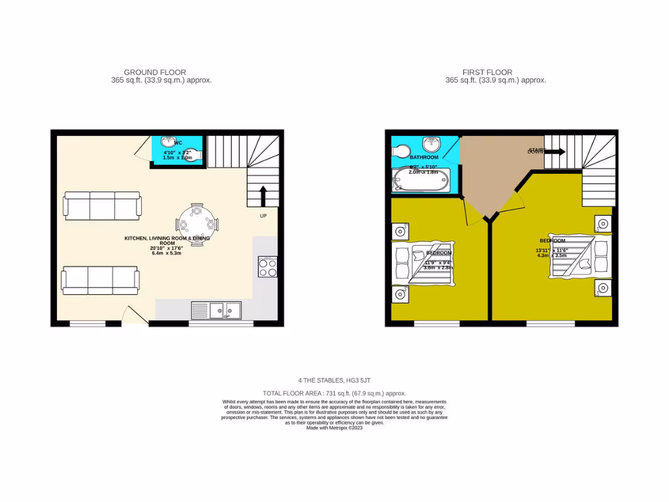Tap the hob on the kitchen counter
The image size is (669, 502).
click(x=268, y=267)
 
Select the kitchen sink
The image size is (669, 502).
click(x=216, y=309)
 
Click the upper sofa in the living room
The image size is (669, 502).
click(x=102, y=205)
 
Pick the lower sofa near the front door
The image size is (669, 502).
click(x=100, y=280)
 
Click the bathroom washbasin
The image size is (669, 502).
click(x=431, y=144)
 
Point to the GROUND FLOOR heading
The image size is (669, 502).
click(x=155, y=73)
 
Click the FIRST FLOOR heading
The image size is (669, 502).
click(x=487, y=73)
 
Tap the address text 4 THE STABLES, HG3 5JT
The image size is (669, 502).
click(x=334, y=380)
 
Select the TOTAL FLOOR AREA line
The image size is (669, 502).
click(x=334, y=393)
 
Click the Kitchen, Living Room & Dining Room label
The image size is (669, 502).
click(x=167, y=241)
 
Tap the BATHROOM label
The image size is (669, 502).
click(x=424, y=158)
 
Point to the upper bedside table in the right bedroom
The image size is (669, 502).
click(x=603, y=224)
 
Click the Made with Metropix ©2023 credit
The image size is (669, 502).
click(x=334, y=427)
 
